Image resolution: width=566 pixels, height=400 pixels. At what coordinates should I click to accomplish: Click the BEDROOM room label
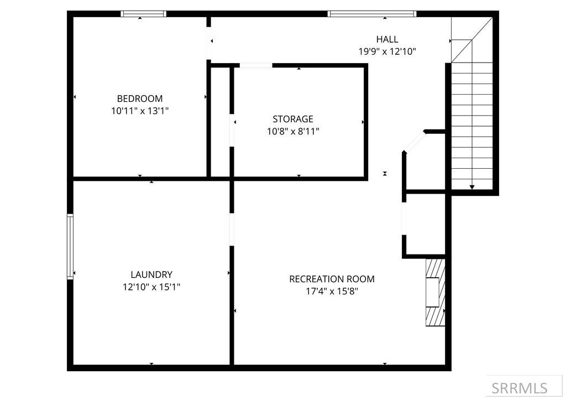(140, 98)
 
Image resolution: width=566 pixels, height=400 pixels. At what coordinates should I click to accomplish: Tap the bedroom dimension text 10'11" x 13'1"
(140, 111)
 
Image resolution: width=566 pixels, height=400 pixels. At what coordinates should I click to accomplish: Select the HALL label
(387, 39)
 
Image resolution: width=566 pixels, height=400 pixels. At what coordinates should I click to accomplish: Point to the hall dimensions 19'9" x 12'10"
(387, 51)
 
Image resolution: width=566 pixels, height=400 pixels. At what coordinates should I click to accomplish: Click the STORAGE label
(292, 119)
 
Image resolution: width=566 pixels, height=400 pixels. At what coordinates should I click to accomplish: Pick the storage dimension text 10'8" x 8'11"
(292, 131)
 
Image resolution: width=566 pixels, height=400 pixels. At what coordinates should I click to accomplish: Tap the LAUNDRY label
(151, 274)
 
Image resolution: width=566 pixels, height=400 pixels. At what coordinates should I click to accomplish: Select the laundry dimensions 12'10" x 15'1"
(151, 287)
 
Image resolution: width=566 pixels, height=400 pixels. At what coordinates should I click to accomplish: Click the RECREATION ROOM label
(332, 279)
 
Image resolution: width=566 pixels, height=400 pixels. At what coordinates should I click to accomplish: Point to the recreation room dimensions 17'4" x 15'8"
(332, 291)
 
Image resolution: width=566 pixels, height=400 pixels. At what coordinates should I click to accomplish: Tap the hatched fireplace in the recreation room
(436, 292)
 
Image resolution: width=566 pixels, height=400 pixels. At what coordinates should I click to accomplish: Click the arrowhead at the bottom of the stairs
(471, 187)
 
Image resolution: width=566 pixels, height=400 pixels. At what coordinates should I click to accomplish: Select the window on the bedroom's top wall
(143, 14)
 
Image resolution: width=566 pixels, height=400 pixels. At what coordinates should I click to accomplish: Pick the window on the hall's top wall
(371, 14)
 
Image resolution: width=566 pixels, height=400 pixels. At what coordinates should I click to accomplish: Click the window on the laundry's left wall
(70, 246)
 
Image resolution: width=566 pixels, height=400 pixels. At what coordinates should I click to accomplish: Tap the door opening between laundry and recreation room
(232, 229)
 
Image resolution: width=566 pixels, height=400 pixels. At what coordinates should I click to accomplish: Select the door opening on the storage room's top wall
(255, 66)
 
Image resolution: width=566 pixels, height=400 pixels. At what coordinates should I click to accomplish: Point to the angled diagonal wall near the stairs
(414, 142)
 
